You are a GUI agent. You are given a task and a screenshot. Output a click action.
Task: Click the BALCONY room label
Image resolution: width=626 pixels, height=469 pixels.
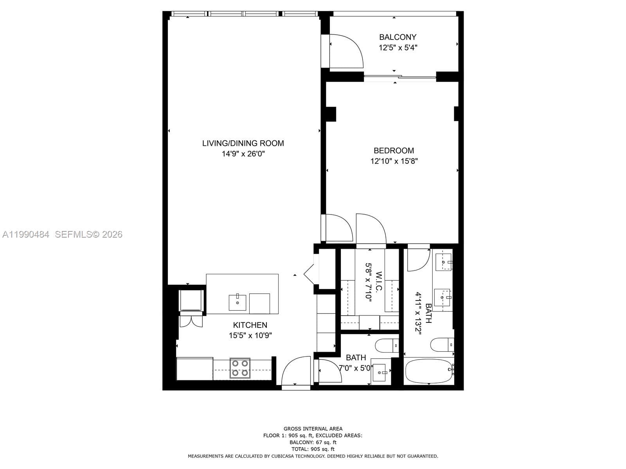click(398, 37)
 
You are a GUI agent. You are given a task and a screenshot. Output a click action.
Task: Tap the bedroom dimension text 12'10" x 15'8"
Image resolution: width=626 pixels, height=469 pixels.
click(394, 161)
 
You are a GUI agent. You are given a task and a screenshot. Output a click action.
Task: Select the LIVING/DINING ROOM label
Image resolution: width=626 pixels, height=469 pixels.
click(243, 143)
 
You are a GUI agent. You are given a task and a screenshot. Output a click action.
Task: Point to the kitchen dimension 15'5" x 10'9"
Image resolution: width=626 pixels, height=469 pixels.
click(250, 335)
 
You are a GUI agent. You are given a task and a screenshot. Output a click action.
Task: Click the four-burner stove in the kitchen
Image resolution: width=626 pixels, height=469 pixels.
click(240, 368)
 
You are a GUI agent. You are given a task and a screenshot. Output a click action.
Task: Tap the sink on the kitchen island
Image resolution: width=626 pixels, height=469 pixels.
click(237, 302)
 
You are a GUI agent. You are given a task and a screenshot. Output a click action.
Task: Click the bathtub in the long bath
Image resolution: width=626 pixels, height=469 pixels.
click(428, 371)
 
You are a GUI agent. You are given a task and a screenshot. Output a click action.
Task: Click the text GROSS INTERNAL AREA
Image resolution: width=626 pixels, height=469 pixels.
click(313, 429)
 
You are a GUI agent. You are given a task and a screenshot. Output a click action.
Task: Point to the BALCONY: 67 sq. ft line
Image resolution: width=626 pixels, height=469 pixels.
click(313, 442)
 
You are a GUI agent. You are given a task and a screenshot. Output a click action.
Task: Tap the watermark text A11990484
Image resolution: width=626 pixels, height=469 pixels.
click(26, 234)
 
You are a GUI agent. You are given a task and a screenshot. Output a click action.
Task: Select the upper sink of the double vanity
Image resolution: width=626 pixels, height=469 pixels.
click(443, 261)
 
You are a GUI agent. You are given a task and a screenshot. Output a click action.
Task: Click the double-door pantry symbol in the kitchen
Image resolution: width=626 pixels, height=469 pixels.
click(191, 320)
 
